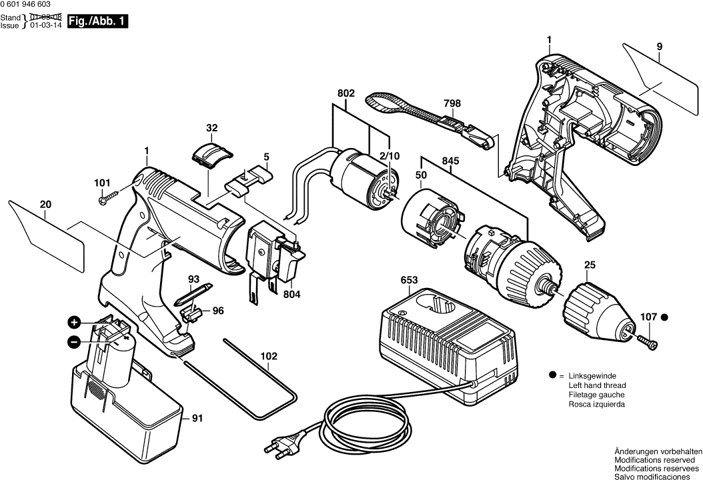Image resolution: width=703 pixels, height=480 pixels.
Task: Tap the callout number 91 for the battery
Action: point(197,419)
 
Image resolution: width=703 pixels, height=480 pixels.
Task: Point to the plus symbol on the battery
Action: point(74,323)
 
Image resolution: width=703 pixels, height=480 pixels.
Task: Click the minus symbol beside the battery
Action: point(74,343)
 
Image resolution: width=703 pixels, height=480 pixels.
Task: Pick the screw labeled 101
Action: point(108,197)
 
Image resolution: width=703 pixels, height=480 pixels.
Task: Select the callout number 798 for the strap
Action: point(452,103)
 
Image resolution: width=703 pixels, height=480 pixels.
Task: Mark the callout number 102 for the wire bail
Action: point(268,357)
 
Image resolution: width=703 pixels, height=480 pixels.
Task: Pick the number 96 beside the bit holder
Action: point(218,311)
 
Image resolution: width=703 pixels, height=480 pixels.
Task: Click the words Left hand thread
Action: point(596,385)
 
